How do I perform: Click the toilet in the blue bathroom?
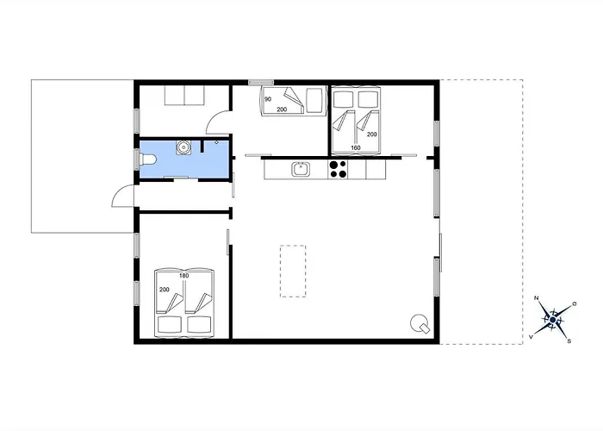pyautogui.click(x=148, y=159)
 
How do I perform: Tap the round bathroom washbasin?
pyautogui.click(x=183, y=147)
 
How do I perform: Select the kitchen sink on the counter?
pyautogui.click(x=301, y=169)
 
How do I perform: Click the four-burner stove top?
pyautogui.click(x=338, y=169)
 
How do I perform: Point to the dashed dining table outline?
pyautogui.click(x=293, y=271)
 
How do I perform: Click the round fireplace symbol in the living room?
pyautogui.click(x=420, y=323)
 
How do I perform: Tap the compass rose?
pyautogui.click(x=553, y=320)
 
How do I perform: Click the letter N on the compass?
pyautogui.click(x=536, y=298)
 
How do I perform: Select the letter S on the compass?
pyautogui.click(x=569, y=341)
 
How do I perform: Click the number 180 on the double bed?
pyautogui.click(x=184, y=276)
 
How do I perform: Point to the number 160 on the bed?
pyautogui.click(x=356, y=147)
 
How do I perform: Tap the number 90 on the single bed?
pyautogui.click(x=268, y=99)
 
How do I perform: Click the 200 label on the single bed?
pyautogui.click(x=282, y=109)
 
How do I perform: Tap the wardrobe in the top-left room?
pyautogui.click(x=184, y=95)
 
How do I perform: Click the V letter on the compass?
pyautogui.click(x=532, y=337)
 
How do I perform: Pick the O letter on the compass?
pyautogui.click(x=575, y=304)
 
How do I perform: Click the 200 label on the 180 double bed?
pyautogui.click(x=165, y=290)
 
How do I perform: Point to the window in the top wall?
pyautogui.click(x=261, y=83)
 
